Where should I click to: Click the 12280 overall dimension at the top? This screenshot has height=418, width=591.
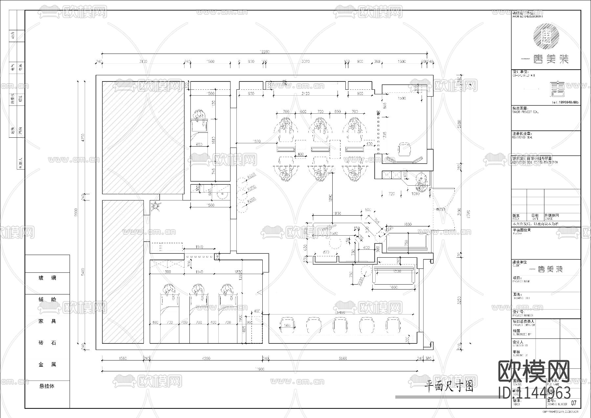(x=264, y=52)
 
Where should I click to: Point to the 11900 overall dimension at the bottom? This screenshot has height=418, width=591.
(x=259, y=369)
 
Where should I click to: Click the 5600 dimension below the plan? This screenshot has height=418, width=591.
(x=342, y=359)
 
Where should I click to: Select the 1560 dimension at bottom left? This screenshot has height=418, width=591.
(x=122, y=359)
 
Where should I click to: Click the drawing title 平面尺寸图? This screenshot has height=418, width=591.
(x=449, y=387)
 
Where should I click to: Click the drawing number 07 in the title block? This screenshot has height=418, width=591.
(x=574, y=403)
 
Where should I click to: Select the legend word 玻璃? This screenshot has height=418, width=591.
(x=47, y=278)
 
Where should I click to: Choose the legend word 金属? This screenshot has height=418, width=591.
(x=47, y=364)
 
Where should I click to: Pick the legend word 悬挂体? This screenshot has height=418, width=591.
(x=47, y=386)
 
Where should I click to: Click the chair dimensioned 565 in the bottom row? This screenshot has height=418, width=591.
(x=287, y=325)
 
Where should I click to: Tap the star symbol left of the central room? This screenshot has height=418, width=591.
(x=155, y=206)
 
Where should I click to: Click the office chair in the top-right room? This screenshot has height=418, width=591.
(x=404, y=150)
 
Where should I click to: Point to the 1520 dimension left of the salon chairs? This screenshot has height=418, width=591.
(x=257, y=141)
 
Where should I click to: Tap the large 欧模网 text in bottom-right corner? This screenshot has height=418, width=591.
(x=534, y=371)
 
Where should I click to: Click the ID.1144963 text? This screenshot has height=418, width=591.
(x=534, y=393)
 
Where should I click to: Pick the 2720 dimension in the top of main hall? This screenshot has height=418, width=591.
(x=305, y=94)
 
